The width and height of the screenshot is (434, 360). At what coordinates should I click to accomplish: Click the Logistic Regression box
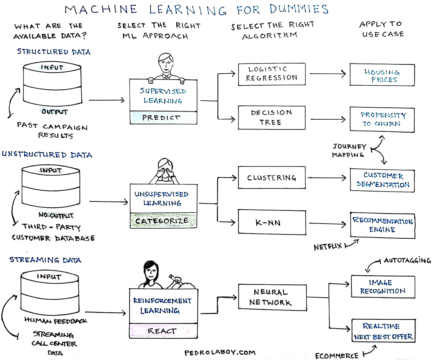tap(272, 74)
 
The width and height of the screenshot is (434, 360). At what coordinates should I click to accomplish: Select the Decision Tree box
tap(272, 117)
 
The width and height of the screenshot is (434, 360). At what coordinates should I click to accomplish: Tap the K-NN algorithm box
tap(272, 222)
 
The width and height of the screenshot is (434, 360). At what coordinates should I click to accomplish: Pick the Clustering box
tap(272, 177)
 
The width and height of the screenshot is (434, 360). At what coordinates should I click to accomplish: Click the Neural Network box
tap(272, 297)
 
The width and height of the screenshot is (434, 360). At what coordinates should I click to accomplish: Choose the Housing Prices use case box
tap(382, 75)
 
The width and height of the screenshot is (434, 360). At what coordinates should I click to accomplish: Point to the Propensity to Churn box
tap(382, 119)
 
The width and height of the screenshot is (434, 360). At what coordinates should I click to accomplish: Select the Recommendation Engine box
tap(382, 225)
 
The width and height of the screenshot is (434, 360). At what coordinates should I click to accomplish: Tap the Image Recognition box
tap(383, 286)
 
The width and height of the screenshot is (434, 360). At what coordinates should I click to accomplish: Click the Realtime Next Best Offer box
tap(384, 331)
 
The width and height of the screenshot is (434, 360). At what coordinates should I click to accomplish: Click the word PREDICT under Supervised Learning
tap(161, 117)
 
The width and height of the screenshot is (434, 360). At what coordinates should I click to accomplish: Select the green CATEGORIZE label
tap(162, 221)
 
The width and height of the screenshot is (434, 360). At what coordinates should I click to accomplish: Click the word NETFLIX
tap(328, 246)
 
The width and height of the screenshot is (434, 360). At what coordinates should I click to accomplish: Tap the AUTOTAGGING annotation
tap(407, 260)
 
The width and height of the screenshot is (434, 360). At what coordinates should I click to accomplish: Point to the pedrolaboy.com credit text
tap(220, 353)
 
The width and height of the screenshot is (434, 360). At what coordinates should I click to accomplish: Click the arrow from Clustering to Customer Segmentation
tap(327, 177)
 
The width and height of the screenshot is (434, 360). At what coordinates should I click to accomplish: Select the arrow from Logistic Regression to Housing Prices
tap(328, 74)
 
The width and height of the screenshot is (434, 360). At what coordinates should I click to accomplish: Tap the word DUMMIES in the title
tap(299, 9)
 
